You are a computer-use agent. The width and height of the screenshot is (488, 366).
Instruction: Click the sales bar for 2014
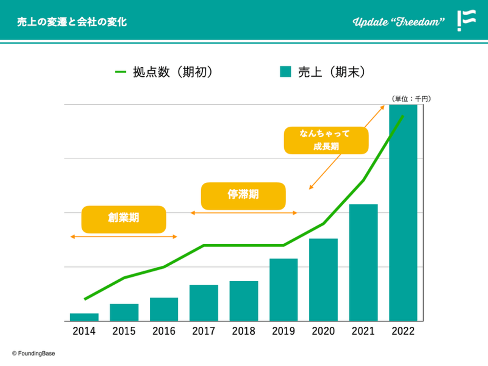(x=84, y=317)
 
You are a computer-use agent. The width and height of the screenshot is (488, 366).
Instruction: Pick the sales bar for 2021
(x=363, y=262)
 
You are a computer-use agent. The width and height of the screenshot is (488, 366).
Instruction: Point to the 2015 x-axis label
(x=124, y=331)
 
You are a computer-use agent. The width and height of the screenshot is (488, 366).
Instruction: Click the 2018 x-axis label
(x=244, y=331)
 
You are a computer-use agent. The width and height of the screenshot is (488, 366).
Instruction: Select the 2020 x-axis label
(x=323, y=331)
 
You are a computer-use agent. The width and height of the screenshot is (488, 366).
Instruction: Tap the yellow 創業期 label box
(x=124, y=219)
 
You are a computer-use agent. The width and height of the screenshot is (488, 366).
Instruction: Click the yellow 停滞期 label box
(x=243, y=196)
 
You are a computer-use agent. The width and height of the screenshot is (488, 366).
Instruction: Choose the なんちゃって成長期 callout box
(x=326, y=140)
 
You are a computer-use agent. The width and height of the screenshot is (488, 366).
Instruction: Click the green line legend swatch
(x=121, y=72)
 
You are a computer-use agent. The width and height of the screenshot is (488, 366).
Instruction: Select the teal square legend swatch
(x=285, y=72)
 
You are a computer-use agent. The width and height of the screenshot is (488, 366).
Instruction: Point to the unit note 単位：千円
(x=411, y=99)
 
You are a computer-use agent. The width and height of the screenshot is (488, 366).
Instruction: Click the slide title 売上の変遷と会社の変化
(x=72, y=22)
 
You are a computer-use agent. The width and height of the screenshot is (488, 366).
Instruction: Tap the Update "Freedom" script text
(x=398, y=22)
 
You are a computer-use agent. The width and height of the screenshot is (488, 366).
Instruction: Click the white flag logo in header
(x=466, y=20)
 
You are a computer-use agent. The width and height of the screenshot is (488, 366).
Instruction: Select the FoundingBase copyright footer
(x=34, y=353)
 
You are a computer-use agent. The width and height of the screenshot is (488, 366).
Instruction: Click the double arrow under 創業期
(x=124, y=237)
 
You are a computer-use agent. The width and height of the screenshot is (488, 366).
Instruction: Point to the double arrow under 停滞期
(x=244, y=213)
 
